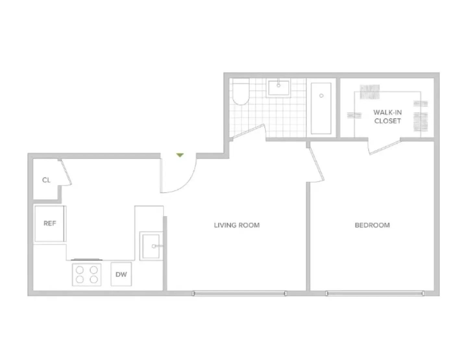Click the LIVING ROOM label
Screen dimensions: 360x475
coord(237,225)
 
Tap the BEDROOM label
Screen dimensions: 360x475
coord(372,225)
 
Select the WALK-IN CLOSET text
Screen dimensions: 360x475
coord(387,117)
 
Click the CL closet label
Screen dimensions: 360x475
coord(46,180)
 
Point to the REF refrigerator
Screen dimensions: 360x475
coord(50,223)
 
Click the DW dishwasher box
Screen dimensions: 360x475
coord(121,274)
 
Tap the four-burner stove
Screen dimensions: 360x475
coord(87,274)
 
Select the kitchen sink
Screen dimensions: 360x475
coord(151,246)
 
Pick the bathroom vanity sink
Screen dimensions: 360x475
coord(278,88)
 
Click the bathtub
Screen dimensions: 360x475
coord(321,108)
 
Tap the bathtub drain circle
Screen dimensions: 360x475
coord(321,96)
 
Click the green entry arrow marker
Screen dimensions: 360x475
coord(180,155)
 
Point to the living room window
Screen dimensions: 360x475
coord(239,293)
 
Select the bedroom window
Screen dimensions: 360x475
coord(375,293)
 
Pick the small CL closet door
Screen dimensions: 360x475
coord(66,172)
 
